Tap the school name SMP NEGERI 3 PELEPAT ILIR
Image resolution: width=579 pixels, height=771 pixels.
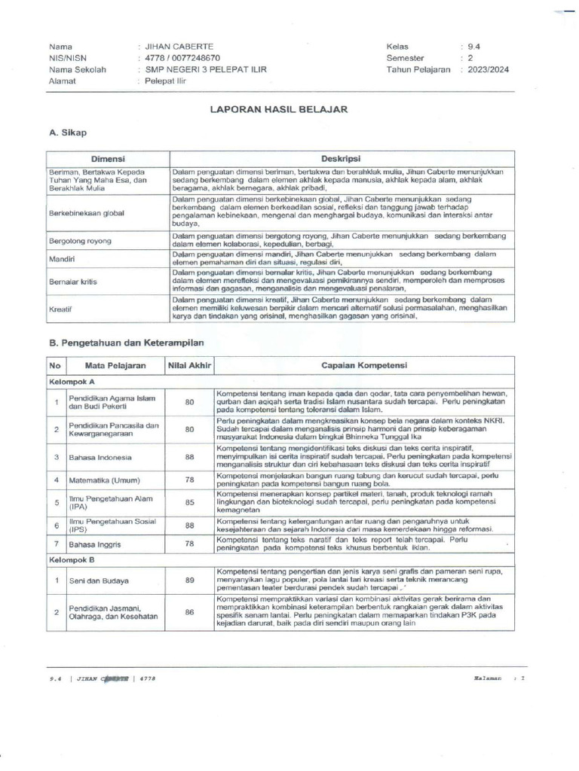[x=201, y=69]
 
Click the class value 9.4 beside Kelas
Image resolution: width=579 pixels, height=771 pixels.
[x=474, y=46]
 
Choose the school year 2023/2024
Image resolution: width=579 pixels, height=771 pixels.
[x=488, y=69]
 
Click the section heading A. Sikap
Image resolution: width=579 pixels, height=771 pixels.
[x=68, y=133]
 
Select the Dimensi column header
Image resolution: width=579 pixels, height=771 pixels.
[x=108, y=160]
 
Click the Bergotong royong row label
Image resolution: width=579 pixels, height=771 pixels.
[x=80, y=241]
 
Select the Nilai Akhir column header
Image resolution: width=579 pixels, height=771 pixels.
[x=189, y=366]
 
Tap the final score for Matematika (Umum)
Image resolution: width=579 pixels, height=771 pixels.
[x=189, y=480]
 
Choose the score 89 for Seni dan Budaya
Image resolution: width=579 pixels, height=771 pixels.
[x=189, y=581]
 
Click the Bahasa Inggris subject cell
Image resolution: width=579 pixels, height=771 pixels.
[x=96, y=543]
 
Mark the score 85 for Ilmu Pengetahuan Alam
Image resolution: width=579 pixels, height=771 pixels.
[x=189, y=501]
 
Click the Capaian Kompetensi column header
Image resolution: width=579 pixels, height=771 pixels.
[x=364, y=366]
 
